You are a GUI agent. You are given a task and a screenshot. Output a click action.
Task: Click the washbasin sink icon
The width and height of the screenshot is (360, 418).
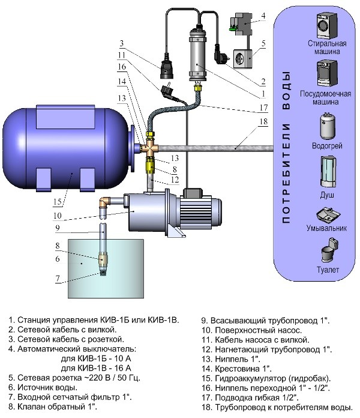327,215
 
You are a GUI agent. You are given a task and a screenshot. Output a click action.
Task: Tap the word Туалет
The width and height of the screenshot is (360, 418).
327,270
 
